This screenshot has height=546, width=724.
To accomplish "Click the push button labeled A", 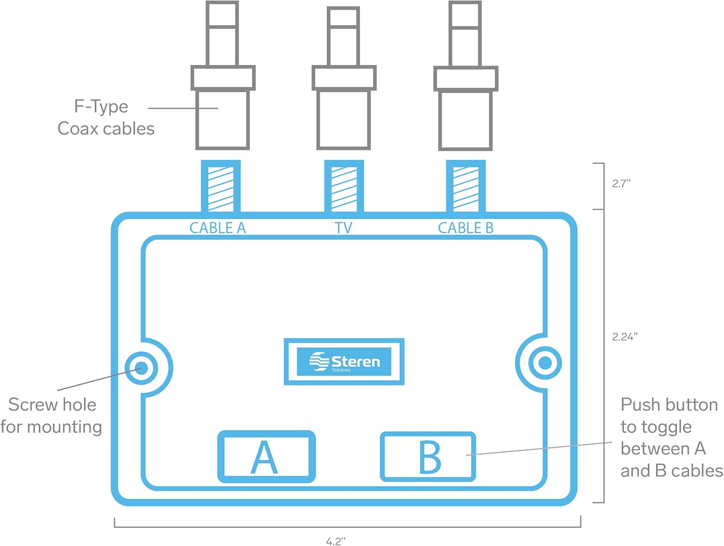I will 266,456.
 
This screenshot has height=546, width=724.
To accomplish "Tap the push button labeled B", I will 428,456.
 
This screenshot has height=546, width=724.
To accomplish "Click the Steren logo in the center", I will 344,362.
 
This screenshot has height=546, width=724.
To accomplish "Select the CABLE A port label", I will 217,228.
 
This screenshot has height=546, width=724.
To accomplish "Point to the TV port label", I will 344,228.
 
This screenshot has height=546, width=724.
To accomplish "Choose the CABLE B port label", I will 466,228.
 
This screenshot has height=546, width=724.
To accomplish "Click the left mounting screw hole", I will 141,369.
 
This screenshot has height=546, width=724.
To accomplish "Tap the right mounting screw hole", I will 545,363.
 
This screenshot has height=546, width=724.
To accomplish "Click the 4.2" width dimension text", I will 336,541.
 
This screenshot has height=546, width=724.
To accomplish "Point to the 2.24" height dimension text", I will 625,337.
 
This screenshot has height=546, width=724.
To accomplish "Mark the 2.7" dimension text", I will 621,183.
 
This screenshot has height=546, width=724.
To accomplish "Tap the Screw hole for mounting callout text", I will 51,415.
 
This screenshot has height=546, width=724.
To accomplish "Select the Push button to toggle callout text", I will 671,437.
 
